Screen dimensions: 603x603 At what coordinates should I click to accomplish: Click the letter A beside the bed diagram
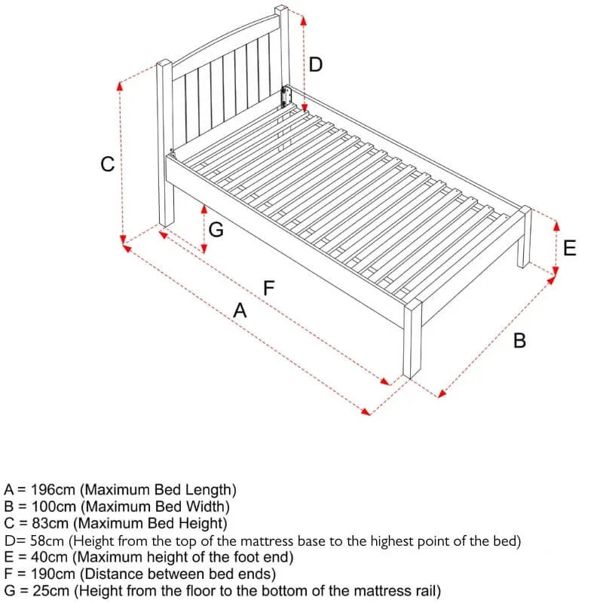240,310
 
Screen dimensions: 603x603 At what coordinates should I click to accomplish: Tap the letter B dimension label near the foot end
519,341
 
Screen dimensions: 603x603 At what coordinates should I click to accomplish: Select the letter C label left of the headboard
108,164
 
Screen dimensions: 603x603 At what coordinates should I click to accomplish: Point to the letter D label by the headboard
316,65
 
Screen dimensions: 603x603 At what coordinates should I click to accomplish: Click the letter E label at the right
570,248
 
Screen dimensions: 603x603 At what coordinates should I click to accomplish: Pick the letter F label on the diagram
268,288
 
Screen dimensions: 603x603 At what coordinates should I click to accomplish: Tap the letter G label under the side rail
216,230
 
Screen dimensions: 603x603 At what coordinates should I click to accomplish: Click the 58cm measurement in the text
45,540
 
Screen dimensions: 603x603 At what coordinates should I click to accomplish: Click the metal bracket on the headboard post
286,97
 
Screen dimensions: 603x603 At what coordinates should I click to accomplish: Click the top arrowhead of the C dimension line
120,84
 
